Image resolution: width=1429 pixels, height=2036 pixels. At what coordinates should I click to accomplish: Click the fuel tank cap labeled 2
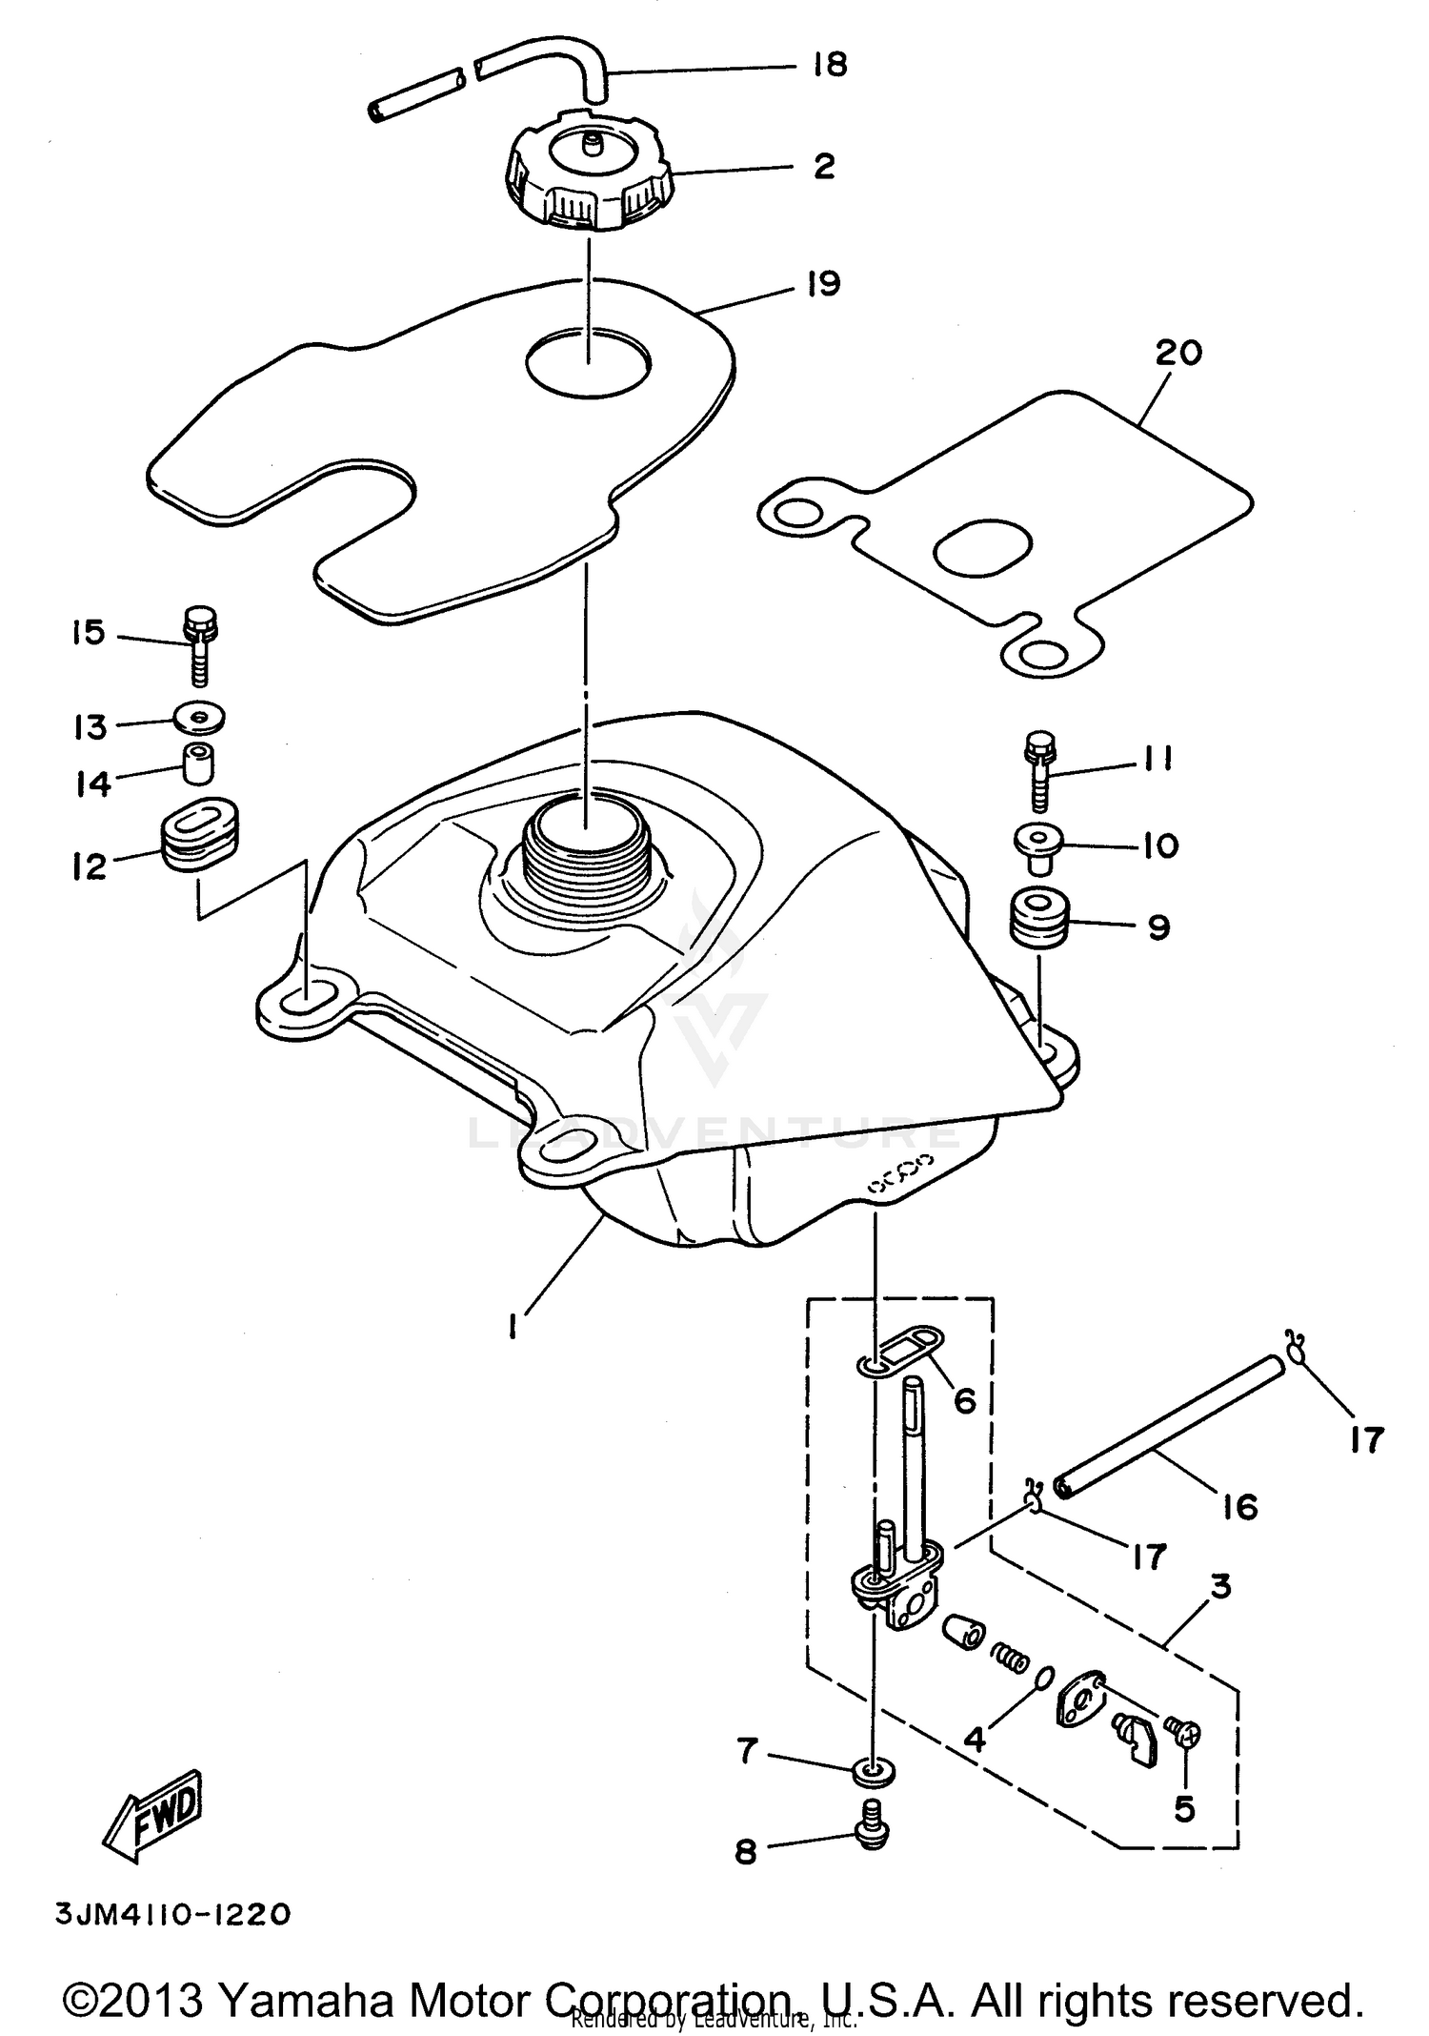(x=588, y=178)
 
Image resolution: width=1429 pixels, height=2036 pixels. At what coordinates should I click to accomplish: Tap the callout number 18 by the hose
(x=830, y=65)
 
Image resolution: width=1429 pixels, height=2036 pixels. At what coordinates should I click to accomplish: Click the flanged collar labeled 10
(x=1038, y=845)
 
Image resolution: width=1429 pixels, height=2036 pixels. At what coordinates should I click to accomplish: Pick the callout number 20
(x=1178, y=353)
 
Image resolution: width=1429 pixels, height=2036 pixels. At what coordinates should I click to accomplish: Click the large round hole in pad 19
(x=589, y=361)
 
